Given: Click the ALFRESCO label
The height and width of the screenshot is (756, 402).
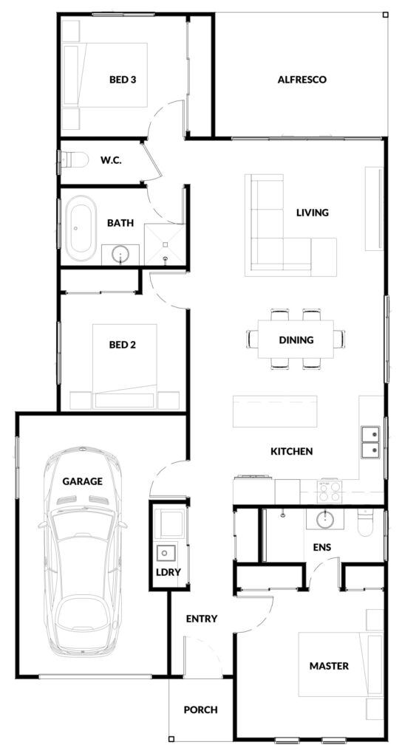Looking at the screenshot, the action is coord(301,80).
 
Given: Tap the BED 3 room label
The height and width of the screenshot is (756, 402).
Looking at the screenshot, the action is coord(122,80).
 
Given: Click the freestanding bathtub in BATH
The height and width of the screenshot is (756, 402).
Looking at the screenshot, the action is coord(81,228).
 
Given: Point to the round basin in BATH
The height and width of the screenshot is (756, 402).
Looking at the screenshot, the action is coord(120,254).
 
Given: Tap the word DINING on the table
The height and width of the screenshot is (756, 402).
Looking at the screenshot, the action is coord(296,340).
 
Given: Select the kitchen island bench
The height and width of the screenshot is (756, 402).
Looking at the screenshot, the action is coord(275,410).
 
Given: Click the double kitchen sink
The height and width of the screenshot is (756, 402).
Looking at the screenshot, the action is coord(371,441).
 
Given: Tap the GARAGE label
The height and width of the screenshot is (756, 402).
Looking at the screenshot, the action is coord(83,481).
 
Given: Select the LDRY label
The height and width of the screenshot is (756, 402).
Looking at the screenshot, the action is coord(168,572).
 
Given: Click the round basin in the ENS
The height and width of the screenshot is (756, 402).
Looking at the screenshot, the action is coord(326,519).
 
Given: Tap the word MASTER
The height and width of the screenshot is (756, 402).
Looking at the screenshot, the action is coord(329,666).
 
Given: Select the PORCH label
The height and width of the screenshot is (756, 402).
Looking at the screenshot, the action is coord(201,709).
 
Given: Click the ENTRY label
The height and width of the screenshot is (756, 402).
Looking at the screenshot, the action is coord(202,619).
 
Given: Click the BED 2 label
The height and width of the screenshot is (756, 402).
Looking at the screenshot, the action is coord(123,345).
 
